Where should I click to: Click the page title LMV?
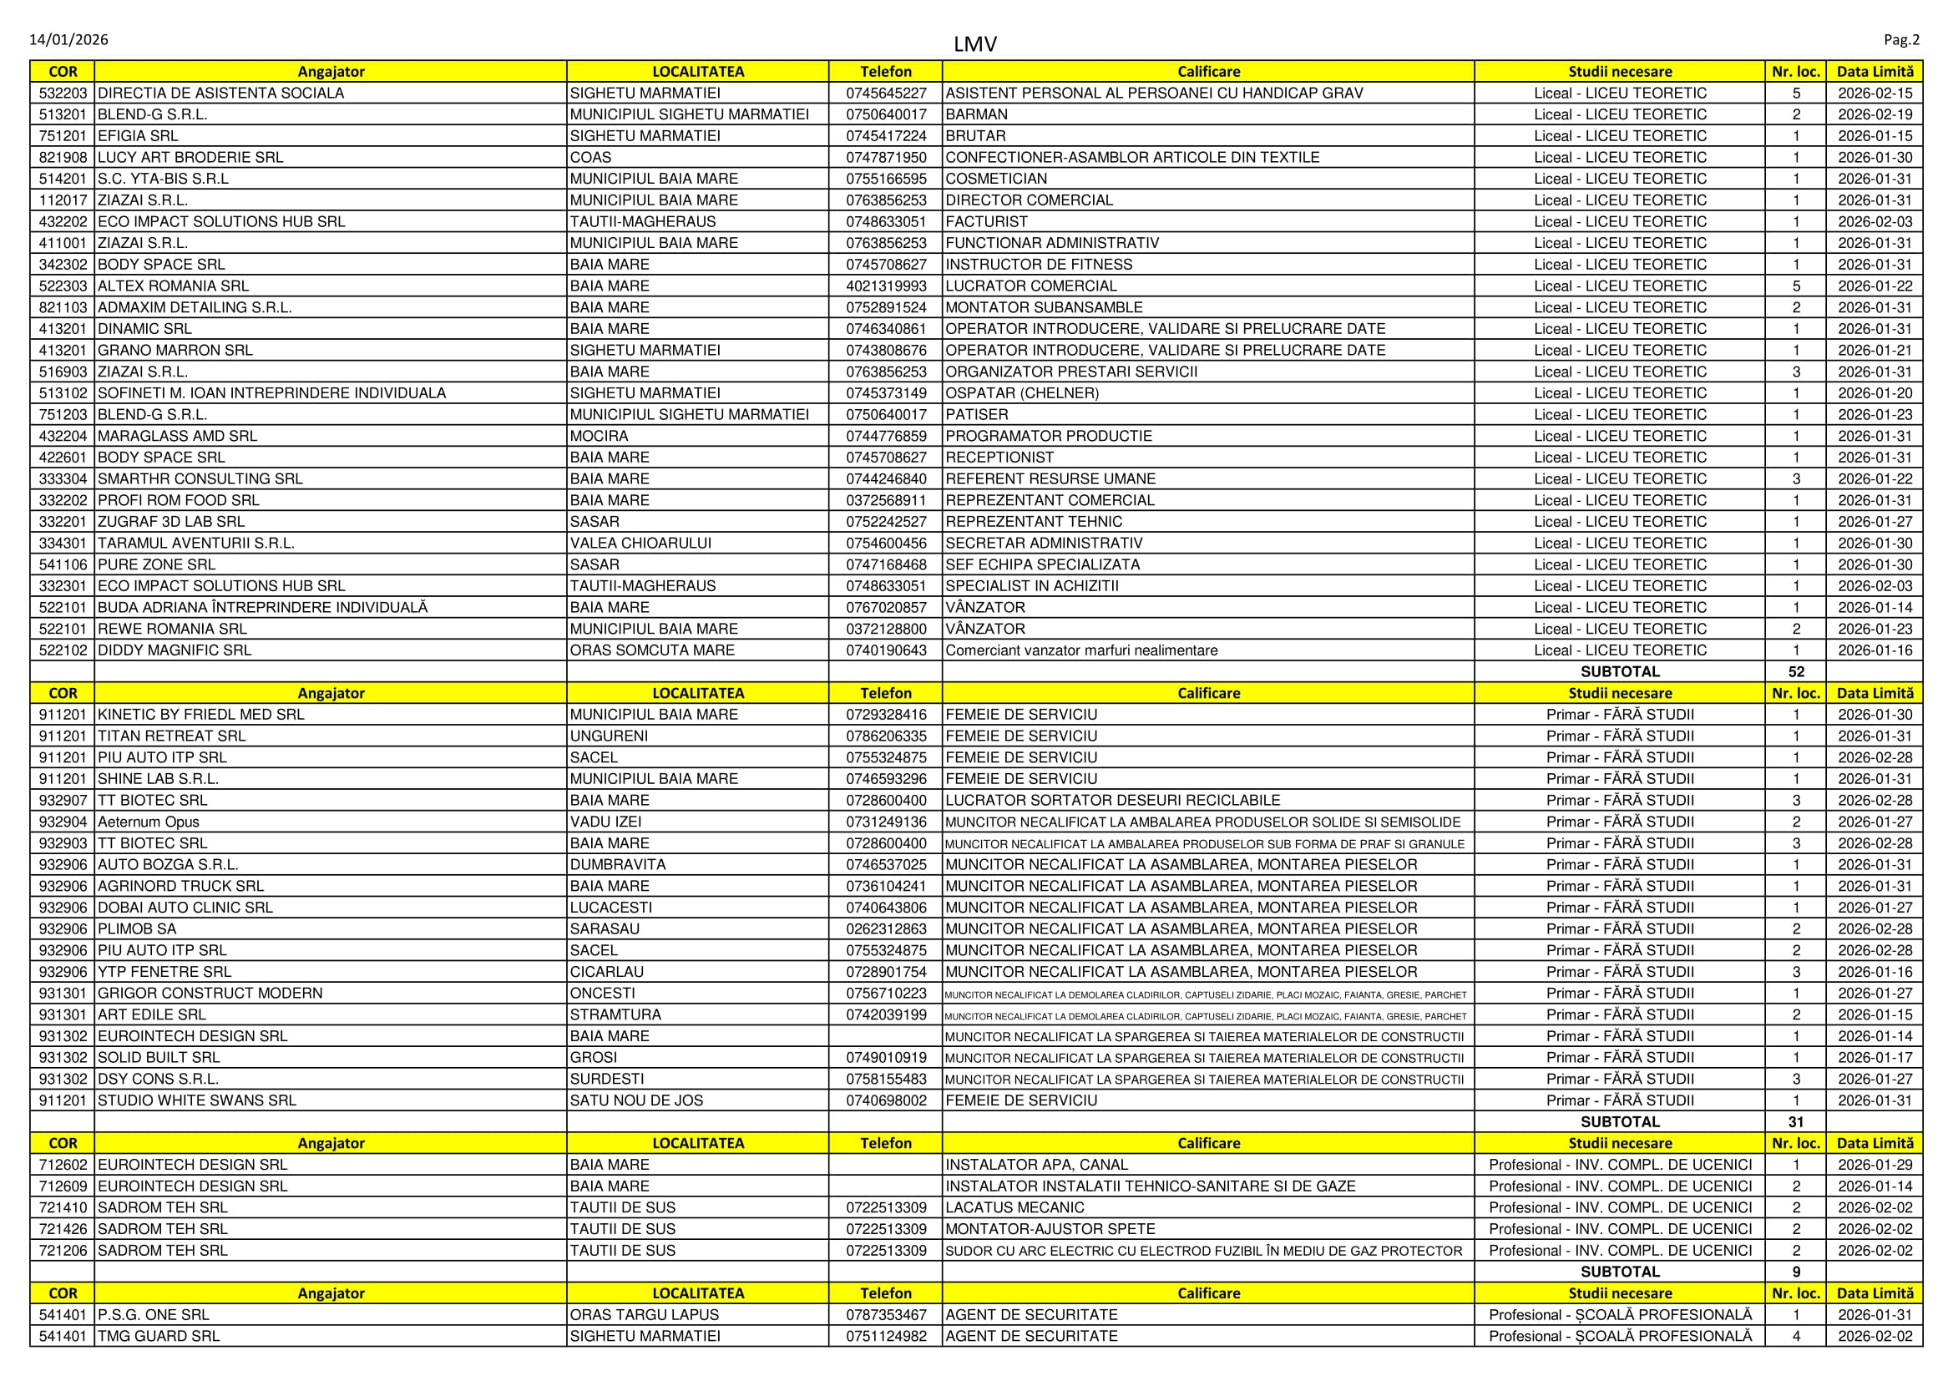[974, 44]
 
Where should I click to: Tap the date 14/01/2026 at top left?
[69, 40]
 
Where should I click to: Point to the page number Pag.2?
[1901, 40]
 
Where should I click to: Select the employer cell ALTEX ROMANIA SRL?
[174, 286]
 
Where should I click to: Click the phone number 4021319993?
[885, 286]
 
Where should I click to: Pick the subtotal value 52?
[1796, 672]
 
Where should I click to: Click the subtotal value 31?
[1796, 1121]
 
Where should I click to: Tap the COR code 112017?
[63, 200]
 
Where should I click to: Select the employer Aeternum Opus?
[149, 822]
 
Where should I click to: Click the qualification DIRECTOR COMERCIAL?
[1030, 200]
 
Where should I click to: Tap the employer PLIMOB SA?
[137, 929]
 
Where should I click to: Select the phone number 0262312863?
[885, 929]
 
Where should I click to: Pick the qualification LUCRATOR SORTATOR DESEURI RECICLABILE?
[1112, 800]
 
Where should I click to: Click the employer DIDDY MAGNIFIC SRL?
[175, 650]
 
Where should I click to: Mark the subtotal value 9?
[1796, 1272]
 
